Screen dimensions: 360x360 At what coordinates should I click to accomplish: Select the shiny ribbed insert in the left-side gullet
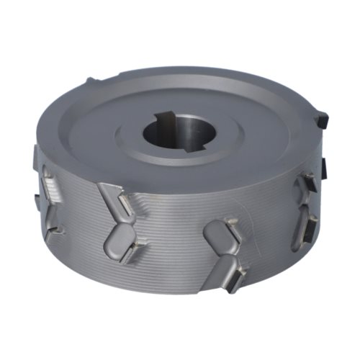point(53,189)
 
